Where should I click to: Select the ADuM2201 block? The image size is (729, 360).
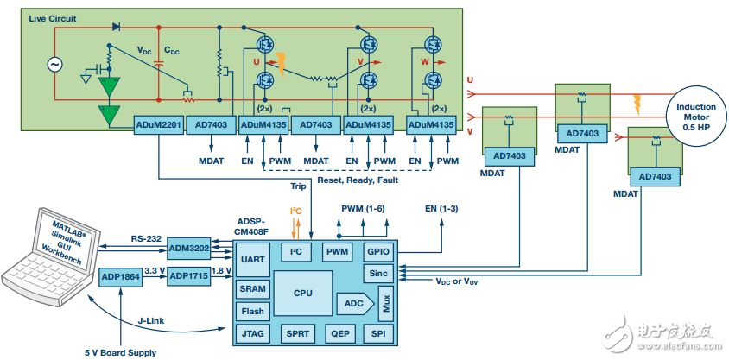pyautogui.click(x=158, y=125)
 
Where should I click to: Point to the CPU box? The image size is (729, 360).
pyautogui.click(x=302, y=293)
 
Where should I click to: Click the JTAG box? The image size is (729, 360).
pyautogui.click(x=253, y=332)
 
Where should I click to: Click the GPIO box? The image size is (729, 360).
pyautogui.click(x=379, y=251)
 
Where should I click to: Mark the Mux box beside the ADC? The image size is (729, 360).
pyautogui.click(x=385, y=303)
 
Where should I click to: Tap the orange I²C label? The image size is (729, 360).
pyautogui.click(x=296, y=211)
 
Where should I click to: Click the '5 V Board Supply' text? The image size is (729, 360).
pyautogui.click(x=121, y=351)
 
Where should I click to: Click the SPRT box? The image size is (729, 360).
pyautogui.click(x=298, y=332)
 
